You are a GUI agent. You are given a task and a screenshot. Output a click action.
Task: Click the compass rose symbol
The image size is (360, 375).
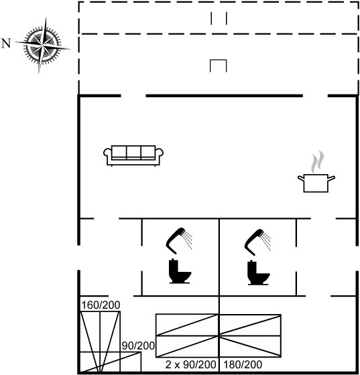tap(43, 45)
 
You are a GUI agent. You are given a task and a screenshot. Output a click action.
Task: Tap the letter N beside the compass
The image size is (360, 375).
tap(6, 44)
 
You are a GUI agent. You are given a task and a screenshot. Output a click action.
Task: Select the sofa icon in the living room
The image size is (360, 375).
tap(133, 155)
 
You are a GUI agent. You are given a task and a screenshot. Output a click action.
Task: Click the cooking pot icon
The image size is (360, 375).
tap(316, 183)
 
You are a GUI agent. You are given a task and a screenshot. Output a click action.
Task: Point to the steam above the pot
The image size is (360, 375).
tap(318, 161)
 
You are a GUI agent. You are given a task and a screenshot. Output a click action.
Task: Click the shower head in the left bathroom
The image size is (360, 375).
tap(179, 240)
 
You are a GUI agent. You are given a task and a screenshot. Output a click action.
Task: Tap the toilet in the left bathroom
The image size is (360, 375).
tap(180, 271)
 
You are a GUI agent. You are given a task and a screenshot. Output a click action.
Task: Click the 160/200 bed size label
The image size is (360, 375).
tap(101, 305)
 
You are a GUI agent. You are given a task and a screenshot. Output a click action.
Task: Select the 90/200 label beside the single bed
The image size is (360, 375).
tap(138, 346)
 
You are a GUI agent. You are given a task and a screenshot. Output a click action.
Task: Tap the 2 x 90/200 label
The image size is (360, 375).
tap(191, 364)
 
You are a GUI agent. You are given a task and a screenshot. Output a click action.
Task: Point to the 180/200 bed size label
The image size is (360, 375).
tap(243, 364)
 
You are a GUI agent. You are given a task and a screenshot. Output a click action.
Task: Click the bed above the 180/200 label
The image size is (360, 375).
tap(250, 335)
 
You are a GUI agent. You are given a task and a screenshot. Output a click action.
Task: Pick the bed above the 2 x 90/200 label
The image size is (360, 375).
tap(187, 335)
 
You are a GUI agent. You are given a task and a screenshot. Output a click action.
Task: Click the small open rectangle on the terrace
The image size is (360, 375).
tap(219, 66)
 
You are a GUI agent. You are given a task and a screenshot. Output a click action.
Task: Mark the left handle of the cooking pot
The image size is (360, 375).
tap(301, 177)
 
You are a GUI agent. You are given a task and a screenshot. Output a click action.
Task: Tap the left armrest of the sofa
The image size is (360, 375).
tap(107, 153)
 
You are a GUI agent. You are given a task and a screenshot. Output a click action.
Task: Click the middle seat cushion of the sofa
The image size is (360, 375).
tap(133, 152)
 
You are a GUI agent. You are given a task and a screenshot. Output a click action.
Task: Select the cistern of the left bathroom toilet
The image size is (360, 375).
tap(174, 265)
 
